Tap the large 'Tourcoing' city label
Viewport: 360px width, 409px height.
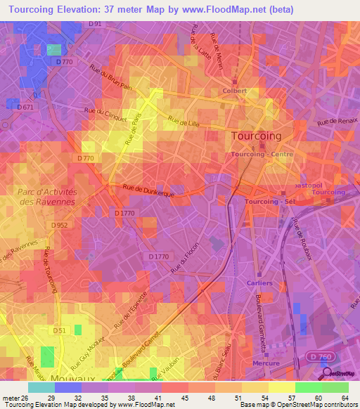pyautogui.click(x=257, y=136)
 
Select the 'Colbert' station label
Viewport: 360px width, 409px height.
pyautogui.click(x=234, y=91)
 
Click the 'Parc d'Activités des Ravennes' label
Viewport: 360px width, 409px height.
pyautogui.click(x=46, y=196)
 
